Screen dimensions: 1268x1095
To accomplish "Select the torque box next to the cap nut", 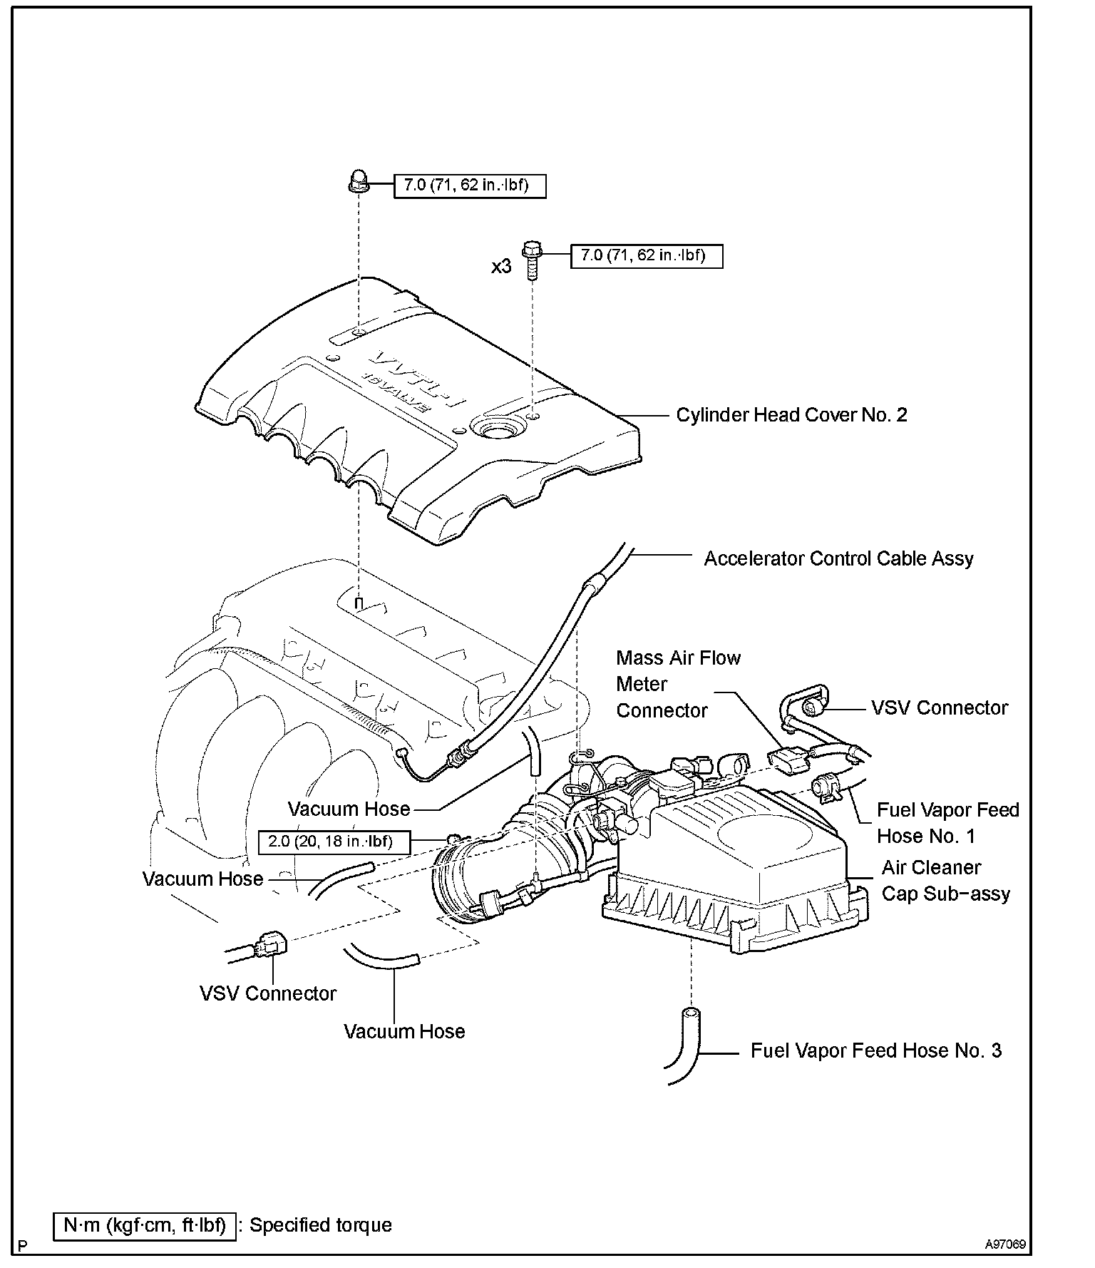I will [x=470, y=186].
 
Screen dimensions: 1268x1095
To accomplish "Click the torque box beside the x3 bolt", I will [x=647, y=255].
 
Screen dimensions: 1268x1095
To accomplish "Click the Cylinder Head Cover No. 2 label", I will [x=791, y=415].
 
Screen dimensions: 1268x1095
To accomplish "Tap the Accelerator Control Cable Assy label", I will [x=838, y=558].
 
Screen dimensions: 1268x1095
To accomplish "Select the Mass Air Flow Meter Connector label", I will [x=678, y=684].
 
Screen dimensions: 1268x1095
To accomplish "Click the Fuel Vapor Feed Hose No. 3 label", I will [x=875, y=1050].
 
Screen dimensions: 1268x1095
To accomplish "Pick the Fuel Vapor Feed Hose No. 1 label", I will [x=947, y=823].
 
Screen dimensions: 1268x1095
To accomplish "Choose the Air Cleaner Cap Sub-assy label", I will [x=945, y=881].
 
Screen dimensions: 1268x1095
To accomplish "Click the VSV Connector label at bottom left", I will [x=267, y=993].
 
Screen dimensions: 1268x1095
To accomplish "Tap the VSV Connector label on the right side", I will [x=940, y=707].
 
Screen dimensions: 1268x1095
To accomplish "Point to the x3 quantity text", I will [x=501, y=267].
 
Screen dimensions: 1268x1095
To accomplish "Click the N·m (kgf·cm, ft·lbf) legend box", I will [x=145, y=1225].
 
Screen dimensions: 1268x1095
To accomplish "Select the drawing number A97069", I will [x=1005, y=1245].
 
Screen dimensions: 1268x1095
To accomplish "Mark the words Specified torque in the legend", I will [x=321, y=1225].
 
